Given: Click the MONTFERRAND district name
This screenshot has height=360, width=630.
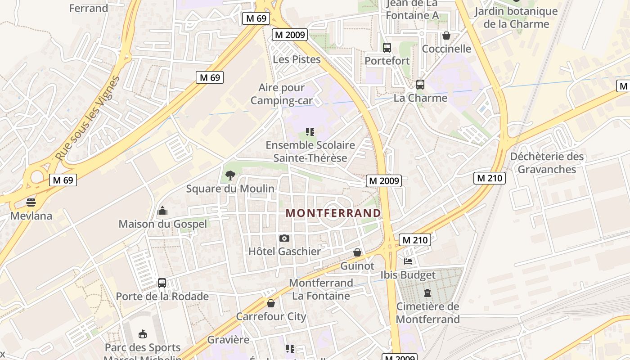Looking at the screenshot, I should (333, 213).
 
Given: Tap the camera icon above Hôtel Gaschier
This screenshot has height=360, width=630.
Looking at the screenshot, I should (284, 238).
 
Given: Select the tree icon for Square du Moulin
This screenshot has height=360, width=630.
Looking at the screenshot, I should (230, 175).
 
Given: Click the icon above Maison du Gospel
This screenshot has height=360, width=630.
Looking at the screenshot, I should (162, 211).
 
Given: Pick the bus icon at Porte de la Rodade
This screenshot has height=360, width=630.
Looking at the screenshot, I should (162, 283).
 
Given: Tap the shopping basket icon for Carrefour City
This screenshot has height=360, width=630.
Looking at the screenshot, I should (271, 303).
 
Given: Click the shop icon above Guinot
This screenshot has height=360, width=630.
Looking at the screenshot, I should (357, 252).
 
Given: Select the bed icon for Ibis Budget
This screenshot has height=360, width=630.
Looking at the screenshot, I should (408, 261).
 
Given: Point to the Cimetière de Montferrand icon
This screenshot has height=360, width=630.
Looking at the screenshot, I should (427, 293).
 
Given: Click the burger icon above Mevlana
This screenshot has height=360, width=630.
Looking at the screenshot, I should (31, 202).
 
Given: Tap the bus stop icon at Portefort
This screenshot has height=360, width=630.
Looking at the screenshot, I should (387, 47).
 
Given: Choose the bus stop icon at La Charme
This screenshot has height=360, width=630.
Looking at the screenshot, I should (420, 84).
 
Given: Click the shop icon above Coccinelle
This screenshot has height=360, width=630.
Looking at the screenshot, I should (446, 36).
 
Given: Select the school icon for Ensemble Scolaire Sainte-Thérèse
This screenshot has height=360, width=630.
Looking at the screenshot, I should (310, 132).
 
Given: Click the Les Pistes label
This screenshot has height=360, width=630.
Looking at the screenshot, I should (297, 59).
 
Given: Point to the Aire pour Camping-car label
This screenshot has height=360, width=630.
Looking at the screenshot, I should (282, 94).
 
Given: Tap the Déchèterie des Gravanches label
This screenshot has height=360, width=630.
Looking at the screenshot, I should (547, 163).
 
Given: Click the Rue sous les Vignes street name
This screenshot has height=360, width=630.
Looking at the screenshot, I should (88, 118).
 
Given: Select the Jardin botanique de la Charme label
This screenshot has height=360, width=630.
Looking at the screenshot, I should (516, 18).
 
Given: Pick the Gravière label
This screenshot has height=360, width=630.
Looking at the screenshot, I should (228, 340).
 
